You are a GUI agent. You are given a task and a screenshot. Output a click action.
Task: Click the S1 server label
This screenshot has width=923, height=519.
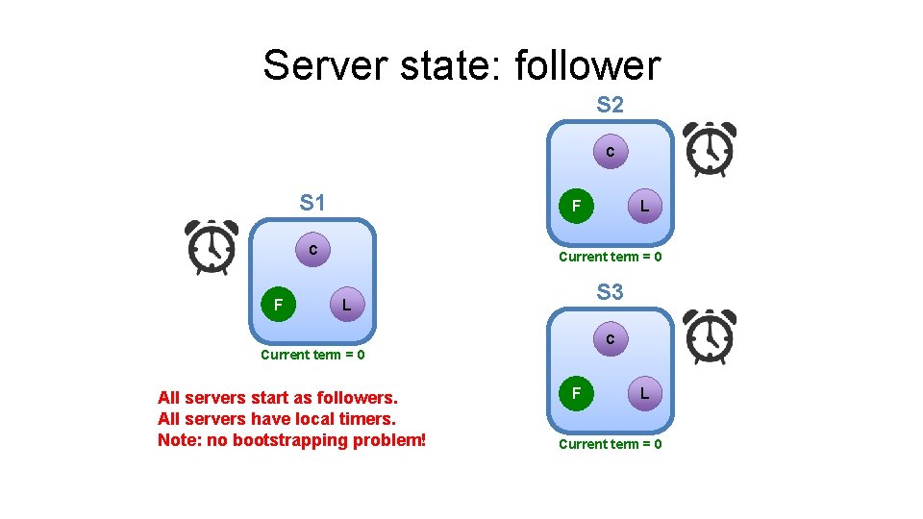312,203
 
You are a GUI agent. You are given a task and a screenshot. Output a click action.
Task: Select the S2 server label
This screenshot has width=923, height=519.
610,105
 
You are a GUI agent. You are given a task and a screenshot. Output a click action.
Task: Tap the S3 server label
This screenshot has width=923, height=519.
610,292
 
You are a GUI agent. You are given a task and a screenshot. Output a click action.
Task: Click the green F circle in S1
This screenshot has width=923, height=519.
278,306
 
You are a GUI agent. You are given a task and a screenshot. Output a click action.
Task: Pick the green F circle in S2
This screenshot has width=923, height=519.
576,206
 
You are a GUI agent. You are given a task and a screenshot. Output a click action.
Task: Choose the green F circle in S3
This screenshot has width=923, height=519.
576,393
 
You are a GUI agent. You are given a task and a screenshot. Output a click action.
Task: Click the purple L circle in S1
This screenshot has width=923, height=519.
346,306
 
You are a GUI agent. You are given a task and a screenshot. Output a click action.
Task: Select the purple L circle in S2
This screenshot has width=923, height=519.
644,206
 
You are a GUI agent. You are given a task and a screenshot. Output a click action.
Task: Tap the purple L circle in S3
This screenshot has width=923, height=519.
644,393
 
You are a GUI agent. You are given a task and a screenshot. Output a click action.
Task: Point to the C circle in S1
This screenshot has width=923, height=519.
312,250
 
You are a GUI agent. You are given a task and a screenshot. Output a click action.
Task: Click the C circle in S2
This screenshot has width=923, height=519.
610,152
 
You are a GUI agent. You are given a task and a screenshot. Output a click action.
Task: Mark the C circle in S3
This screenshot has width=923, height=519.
610,339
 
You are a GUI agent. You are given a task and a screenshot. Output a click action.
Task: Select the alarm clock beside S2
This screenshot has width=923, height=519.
710,150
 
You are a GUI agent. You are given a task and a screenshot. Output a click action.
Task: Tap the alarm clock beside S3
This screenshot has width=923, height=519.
710,337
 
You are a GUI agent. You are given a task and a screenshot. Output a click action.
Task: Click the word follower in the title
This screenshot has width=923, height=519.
587,65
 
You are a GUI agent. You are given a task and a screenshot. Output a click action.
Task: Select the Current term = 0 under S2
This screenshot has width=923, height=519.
611,257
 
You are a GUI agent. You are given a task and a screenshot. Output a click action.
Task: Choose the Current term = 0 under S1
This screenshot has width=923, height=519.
312,355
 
